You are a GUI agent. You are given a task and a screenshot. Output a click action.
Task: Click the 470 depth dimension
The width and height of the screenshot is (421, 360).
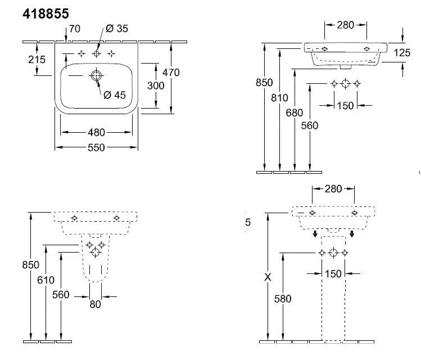(x=171, y=73)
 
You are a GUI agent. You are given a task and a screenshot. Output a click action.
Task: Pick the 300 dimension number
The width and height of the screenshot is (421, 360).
(x=155, y=85)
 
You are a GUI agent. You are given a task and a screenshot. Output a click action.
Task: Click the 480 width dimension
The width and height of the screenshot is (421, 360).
(x=97, y=133)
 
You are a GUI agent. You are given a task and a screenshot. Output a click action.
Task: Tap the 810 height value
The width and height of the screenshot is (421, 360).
(x=279, y=98)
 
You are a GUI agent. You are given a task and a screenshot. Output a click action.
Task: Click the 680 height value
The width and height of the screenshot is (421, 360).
(x=295, y=112)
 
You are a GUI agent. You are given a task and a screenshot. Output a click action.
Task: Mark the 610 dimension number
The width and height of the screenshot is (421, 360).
(x=46, y=280)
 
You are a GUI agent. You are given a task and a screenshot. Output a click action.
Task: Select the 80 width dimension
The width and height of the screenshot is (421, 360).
(x=95, y=304)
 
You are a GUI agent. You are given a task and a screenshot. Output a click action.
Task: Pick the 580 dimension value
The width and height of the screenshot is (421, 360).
(x=282, y=299)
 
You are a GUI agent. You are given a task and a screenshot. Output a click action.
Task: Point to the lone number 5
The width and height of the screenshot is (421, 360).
(x=248, y=223)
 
